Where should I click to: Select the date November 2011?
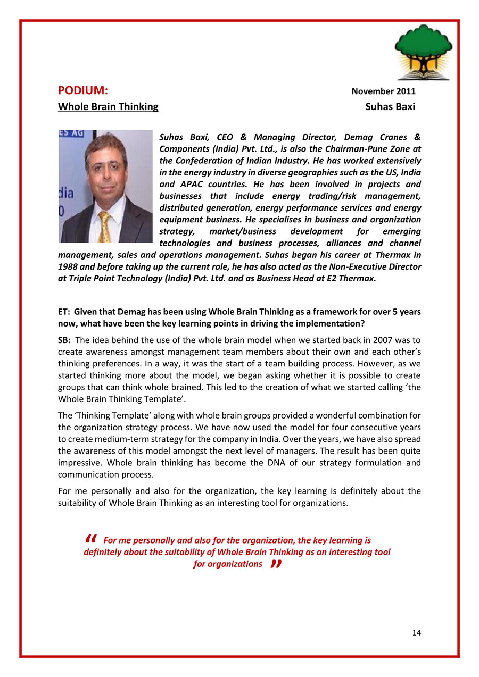point(383,91)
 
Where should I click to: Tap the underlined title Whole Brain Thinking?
point(108,106)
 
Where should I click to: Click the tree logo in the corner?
point(423,51)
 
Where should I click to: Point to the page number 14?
point(416,632)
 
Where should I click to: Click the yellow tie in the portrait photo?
point(105,225)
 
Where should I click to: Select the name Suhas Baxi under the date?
point(390,106)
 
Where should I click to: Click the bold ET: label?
point(64,312)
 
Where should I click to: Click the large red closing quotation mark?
point(275,563)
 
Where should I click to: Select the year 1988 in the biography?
point(68,266)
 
